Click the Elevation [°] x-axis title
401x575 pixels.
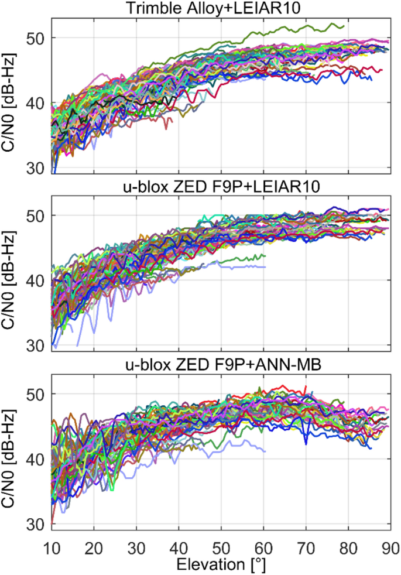tap(221, 565)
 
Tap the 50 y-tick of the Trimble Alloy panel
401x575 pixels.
tap(38, 37)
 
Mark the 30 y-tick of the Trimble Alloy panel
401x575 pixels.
tap(38, 167)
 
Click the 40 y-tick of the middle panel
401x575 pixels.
tap(38, 280)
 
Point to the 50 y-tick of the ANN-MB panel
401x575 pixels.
tap(38, 393)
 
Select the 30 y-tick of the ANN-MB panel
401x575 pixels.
tap(38, 523)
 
